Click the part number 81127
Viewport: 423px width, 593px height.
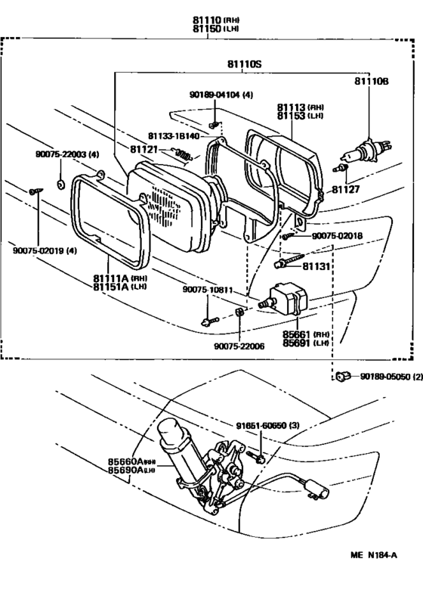pos(346,193)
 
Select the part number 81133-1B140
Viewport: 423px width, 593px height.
pos(173,136)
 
